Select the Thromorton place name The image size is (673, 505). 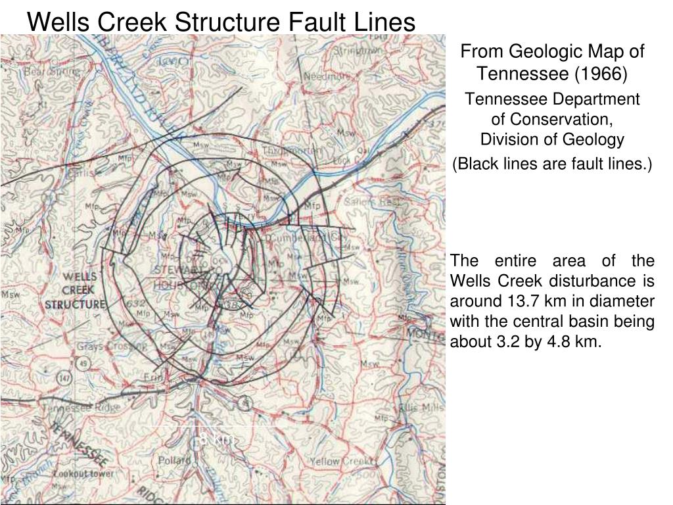292,151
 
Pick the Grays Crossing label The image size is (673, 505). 103,347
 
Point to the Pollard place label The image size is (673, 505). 174,460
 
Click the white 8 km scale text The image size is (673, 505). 215,438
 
